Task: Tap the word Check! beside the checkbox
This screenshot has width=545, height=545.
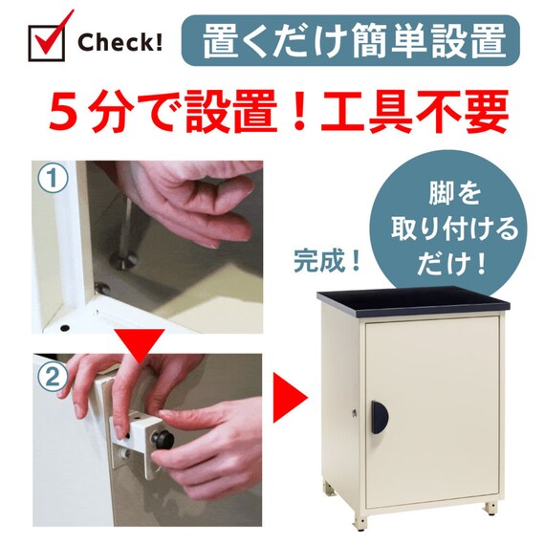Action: pyautogui.click(x=120, y=42)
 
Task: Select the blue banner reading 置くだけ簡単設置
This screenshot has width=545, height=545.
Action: pyautogui.click(x=350, y=40)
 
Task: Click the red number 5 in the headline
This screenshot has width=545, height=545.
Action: pyautogui.click(x=63, y=111)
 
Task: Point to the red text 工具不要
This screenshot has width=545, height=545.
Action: pyautogui.click(x=415, y=111)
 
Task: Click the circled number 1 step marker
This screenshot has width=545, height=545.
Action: pyautogui.click(x=53, y=178)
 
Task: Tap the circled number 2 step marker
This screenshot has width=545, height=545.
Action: pyautogui.click(x=53, y=377)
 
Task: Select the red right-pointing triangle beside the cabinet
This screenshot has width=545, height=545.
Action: pyautogui.click(x=290, y=398)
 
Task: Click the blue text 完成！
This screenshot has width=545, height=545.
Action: pyautogui.click(x=327, y=261)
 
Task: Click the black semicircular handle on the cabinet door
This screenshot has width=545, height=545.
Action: pyautogui.click(x=380, y=417)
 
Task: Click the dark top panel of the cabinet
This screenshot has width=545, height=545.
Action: pyautogui.click(x=413, y=301)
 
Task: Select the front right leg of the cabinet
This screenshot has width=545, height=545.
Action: pyautogui.click(x=491, y=508)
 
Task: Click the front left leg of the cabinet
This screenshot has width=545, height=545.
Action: pyautogui.click(x=360, y=522)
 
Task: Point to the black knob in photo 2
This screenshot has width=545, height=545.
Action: pyautogui.click(x=163, y=440)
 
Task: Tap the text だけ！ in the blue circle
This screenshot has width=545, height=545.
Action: pyautogui.click(x=451, y=265)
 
